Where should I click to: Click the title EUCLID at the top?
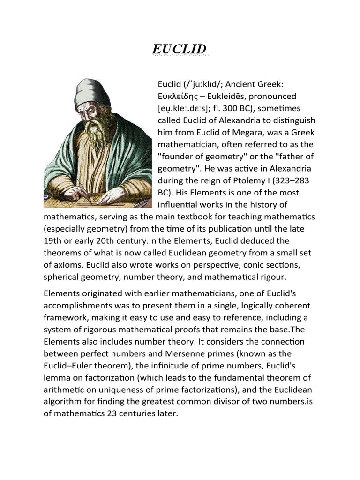(180, 49)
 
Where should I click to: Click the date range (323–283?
(292, 180)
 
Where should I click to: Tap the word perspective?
(221, 265)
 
